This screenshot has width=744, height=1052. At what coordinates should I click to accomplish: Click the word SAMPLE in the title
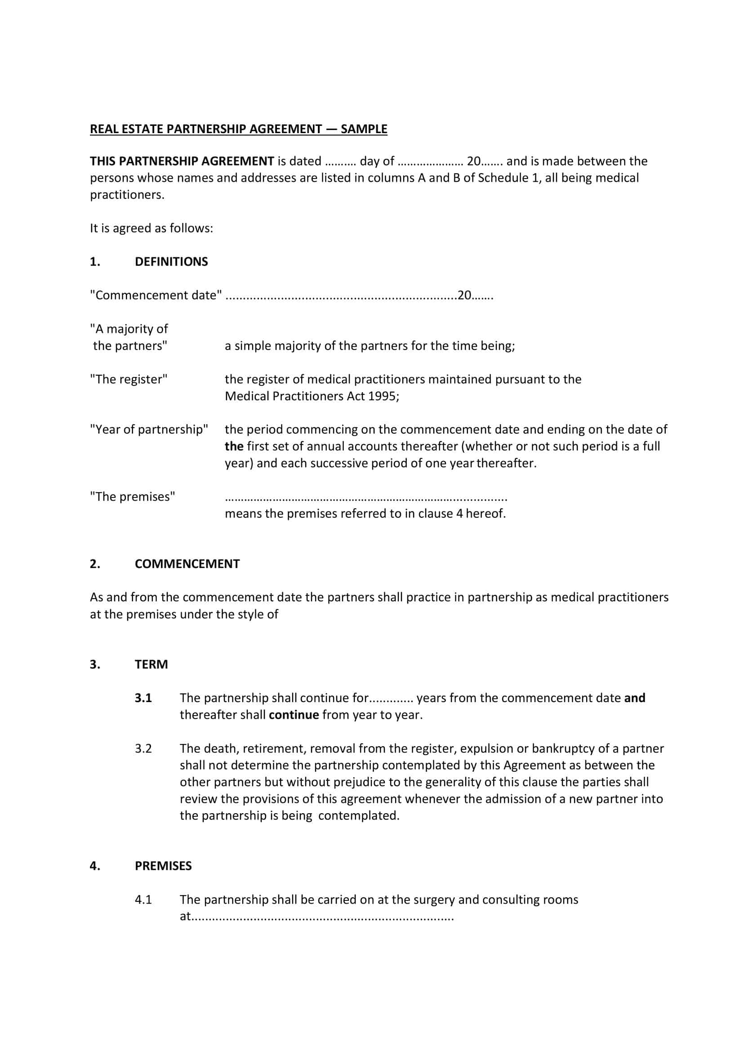coord(364,129)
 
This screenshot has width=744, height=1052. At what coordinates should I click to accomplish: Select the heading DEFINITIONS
coord(171,262)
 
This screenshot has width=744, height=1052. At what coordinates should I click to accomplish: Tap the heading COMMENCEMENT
coord(187,564)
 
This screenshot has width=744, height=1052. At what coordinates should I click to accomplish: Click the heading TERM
coord(151,664)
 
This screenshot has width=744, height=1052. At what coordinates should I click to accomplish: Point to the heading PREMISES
coord(163,866)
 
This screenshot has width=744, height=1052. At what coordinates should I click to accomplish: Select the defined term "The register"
coord(129,379)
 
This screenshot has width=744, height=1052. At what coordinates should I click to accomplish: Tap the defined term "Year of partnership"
coord(149,430)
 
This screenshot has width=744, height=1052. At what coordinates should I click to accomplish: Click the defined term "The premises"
coord(133,497)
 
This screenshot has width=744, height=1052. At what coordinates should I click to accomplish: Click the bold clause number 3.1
coord(143,698)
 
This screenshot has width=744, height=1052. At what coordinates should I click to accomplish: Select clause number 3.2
coord(143,748)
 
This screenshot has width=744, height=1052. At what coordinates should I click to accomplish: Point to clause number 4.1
coord(143,900)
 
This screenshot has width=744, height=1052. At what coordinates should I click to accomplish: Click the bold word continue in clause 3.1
coord(294,715)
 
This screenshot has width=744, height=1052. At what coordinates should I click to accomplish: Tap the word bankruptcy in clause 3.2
coord(563,748)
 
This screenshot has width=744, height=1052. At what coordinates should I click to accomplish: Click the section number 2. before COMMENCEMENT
coord(95,564)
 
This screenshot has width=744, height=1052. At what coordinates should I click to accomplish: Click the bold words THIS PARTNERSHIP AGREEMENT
coord(182,161)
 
